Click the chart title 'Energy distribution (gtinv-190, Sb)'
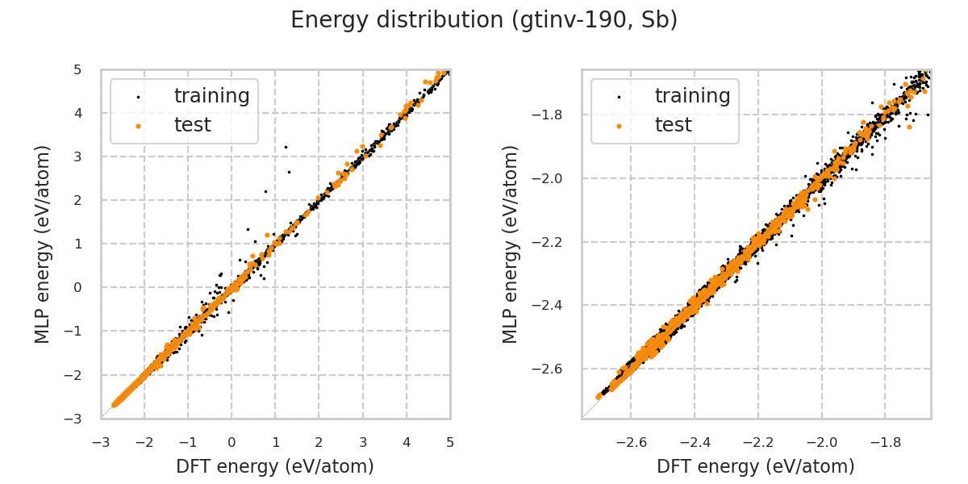pos(484,20)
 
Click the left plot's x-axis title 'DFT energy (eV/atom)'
pos(275,466)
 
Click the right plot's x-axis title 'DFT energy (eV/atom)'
pos(756,466)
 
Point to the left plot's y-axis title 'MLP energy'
pos(44,244)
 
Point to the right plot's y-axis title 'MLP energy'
pos(511,244)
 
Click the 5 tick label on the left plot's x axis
pos(450,442)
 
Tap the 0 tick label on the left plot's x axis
pos(232,442)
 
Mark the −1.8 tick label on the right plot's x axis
pos(883,442)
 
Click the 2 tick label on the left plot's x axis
pos(319,442)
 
